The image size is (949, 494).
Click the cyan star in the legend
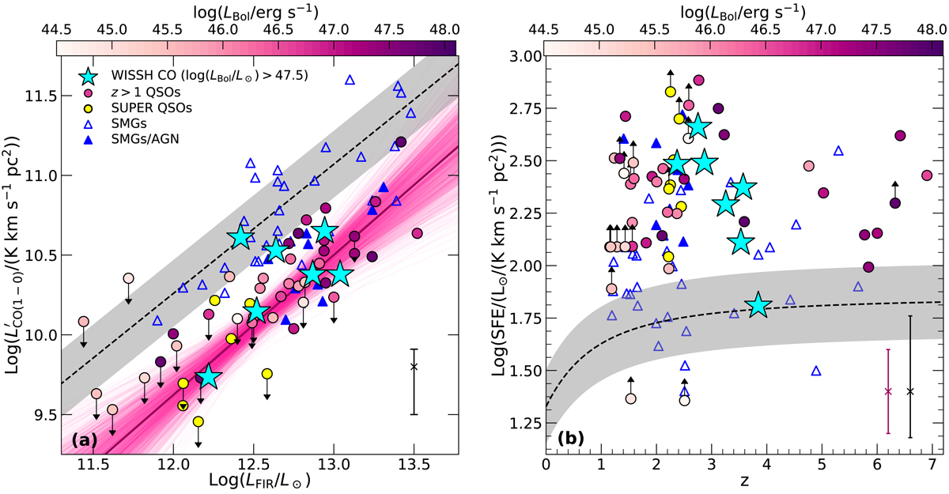tap(93, 77)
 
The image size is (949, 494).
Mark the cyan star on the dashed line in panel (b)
tap(758, 305)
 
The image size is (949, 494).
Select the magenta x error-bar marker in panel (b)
tap(888, 391)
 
